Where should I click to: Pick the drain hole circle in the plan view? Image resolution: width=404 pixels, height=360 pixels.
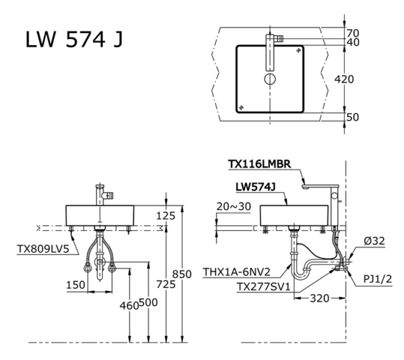(270, 79)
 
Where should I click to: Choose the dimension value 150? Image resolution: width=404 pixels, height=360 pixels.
(75, 285)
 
